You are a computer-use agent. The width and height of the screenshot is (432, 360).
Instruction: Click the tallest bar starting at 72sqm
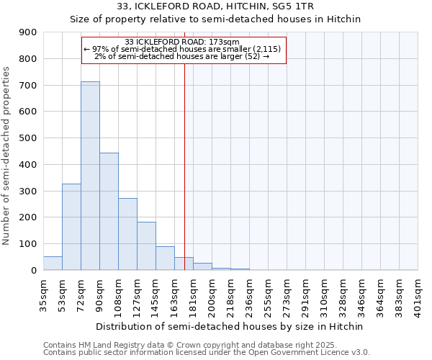[x=90, y=176]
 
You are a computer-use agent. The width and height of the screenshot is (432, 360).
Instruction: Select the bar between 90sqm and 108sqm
[x=109, y=212]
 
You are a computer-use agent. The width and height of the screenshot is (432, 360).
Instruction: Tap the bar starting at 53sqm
[x=71, y=227]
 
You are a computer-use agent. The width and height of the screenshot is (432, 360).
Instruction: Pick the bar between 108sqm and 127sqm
[x=127, y=234]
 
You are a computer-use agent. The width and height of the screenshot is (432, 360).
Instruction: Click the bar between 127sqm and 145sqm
[x=146, y=246]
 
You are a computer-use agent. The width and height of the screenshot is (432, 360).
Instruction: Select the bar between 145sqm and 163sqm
[x=165, y=258]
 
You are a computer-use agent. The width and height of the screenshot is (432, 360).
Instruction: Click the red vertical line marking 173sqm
[x=184, y=166]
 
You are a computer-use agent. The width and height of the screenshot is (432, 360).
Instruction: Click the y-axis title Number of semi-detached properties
[x=7, y=155]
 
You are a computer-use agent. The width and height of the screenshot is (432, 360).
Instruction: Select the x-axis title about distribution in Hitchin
[x=230, y=326]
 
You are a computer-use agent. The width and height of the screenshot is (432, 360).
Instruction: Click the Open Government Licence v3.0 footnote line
[x=206, y=352]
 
